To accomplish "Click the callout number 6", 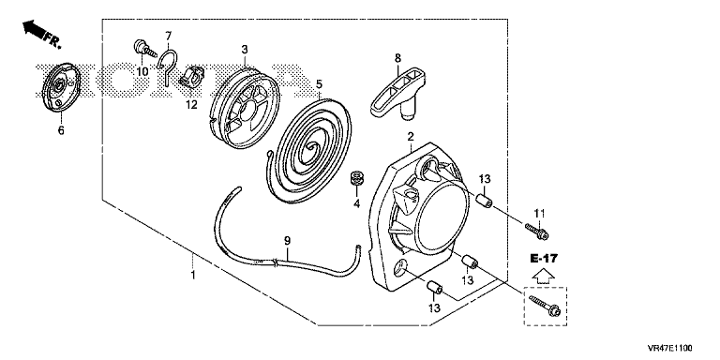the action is point(61,130).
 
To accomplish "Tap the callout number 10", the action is point(142,71).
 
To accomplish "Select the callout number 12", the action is point(191,105).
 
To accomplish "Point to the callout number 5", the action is point(319,84).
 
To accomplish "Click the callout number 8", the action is point(397,58).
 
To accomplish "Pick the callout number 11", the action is point(539,213).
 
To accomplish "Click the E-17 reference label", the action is point(544,259).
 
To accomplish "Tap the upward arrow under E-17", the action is point(544,276).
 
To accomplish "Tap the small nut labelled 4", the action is point(356,178).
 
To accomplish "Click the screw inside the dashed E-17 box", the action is point(546,306).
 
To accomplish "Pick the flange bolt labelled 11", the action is point(536,231).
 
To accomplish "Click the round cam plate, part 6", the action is point(58,87).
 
